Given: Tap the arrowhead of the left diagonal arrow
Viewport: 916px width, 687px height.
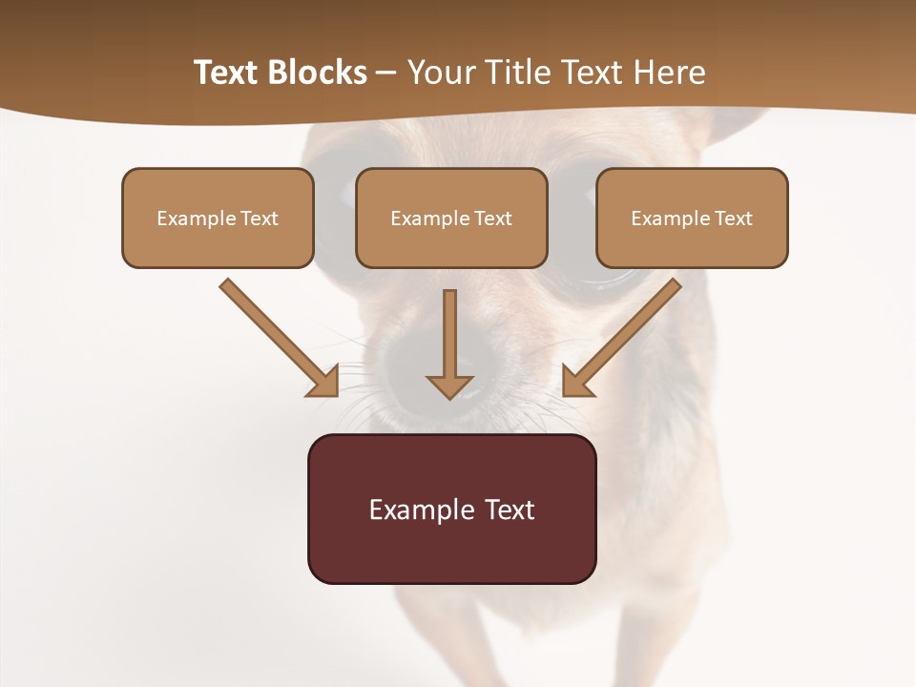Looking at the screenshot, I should (324, 382).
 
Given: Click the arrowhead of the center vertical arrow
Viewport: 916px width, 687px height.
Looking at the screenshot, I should (449, 386).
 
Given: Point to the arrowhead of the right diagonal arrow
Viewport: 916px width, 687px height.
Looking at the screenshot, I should (575, 382).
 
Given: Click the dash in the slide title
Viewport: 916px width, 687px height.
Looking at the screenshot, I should (386, 73).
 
